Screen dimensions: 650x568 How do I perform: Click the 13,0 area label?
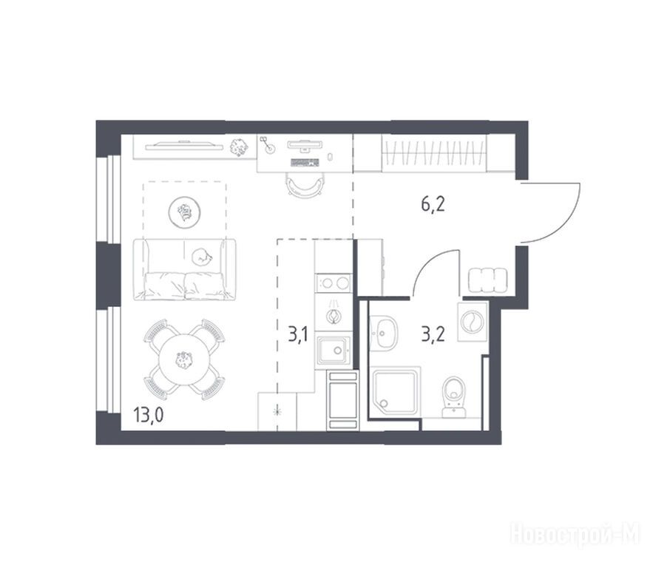pyautogui.click(x=149, y=414)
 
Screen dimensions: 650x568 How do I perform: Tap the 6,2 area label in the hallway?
pyautogui.click(x=433, y=205)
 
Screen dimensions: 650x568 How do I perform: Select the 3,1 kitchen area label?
pyautogui.click(x=298, y=334)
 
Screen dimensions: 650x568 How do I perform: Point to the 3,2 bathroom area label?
pyautogui.click(x=433, y=334)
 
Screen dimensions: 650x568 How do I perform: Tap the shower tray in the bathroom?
pyautogui.click(x=396, y=391)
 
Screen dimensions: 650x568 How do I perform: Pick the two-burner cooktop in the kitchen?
pyautogui.click(x=334, y=283)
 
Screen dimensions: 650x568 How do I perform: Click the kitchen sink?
pyautogui.click(x=334, y=351)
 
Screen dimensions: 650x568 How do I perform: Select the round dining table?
pyautogui.click(x=183, y=359)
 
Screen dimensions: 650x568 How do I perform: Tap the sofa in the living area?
pyautogui.click(x=185, y=269)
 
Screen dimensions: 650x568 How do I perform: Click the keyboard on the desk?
pyautogui.click(x=305, y=162)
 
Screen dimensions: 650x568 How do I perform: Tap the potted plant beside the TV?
pyautogui.click(x=239, y=147)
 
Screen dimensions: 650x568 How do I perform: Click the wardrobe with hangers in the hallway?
pyautogui.click(x=434, y=152)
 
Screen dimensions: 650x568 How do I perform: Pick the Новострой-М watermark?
pyautogui.click(x=576, y=533)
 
